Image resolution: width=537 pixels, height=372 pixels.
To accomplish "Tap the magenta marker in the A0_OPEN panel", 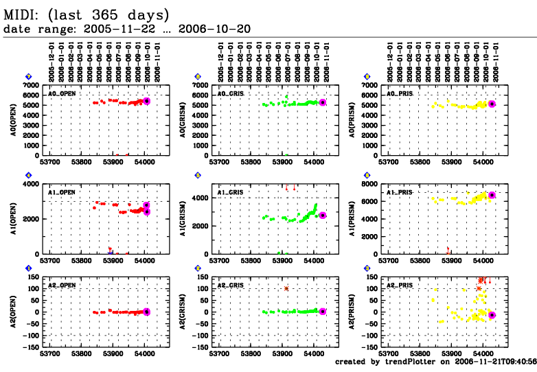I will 147,101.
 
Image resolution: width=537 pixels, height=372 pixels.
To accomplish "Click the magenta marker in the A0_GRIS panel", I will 323,102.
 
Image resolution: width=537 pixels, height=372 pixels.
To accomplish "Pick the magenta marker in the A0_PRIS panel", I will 492,104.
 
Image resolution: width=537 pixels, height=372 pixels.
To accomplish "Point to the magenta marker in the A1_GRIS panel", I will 323,216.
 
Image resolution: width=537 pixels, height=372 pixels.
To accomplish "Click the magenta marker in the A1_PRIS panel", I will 492,196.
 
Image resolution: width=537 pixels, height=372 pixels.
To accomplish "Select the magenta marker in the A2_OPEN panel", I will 147,312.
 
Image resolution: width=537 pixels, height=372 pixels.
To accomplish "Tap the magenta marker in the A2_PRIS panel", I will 492,315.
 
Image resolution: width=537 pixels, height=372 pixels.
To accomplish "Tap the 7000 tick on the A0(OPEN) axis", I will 30,85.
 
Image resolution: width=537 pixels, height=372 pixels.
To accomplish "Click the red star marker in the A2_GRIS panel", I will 286,288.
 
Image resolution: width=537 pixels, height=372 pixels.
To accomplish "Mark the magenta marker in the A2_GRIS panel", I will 323,312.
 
